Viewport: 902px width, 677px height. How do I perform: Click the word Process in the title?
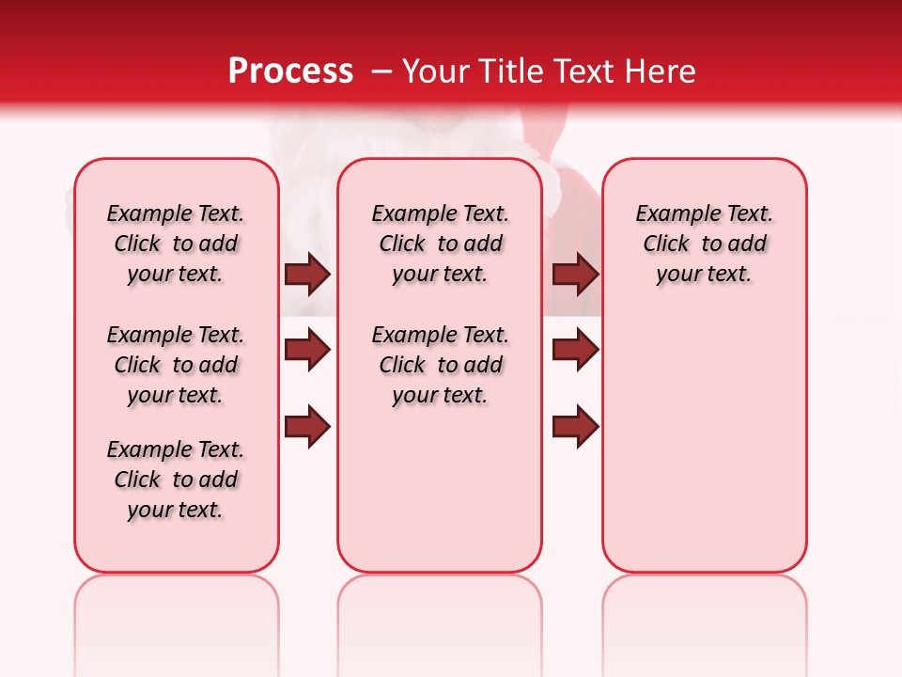click(290, 71)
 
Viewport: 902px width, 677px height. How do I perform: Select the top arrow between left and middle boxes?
click(307, 275)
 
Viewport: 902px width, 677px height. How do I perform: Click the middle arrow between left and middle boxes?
click(307, 351)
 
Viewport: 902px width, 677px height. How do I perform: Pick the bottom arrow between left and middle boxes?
click(307, 427)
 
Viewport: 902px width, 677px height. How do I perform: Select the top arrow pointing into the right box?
click(576, 275)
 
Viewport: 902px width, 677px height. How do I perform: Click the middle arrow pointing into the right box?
click(576, 351)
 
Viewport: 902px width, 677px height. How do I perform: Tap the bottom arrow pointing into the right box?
click(576, 427)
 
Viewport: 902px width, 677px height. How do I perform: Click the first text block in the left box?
click(176, 244)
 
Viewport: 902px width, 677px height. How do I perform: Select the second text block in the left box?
click(176, 365)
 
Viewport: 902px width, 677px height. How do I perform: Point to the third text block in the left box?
click(176, 480)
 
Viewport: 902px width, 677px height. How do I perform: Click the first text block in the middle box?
click(440, 244)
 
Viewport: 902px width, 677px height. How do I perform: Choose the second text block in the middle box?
click(440, 365)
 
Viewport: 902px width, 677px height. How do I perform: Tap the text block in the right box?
click(704, 244)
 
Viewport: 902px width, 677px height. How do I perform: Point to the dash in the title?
click(381, 71)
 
